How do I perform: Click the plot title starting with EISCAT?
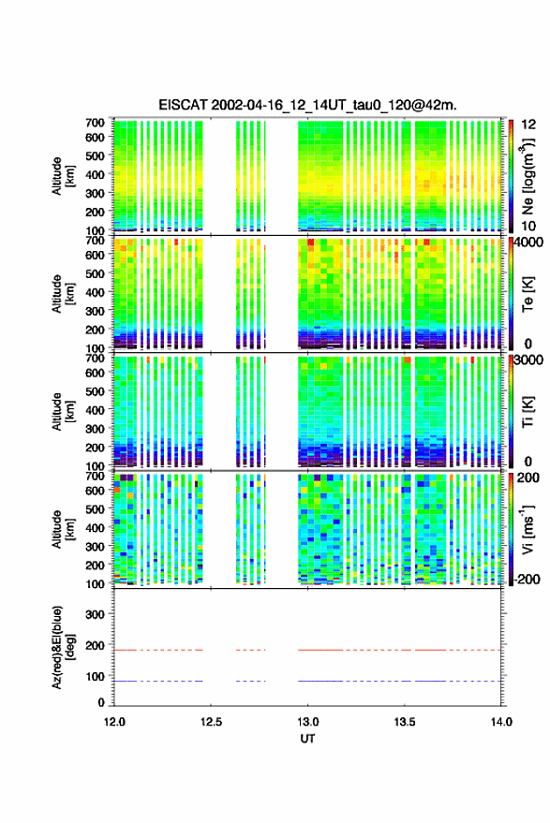307,105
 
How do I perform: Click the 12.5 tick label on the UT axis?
211,722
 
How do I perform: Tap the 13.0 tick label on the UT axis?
308,722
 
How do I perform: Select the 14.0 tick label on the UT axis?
501,722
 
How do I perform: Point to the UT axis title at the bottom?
308,739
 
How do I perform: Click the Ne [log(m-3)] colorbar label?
528,176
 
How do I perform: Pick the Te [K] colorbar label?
528,294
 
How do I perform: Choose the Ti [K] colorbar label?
528,412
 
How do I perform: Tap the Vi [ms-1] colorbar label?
528,529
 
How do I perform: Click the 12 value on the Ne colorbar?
528,125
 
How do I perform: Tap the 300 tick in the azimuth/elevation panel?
95,614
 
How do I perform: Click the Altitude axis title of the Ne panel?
64,176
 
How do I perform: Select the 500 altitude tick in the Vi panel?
95,509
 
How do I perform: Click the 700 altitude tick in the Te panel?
95,241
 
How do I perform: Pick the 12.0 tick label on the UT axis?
114,722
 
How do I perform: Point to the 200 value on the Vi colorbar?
528,478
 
